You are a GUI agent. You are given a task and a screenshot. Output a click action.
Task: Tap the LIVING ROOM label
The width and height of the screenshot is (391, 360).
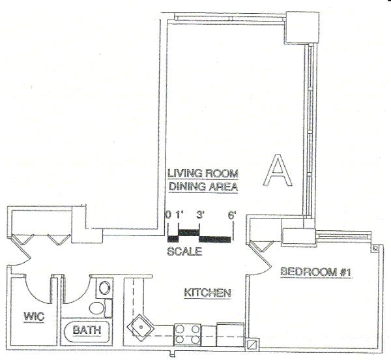[x=202, y=173]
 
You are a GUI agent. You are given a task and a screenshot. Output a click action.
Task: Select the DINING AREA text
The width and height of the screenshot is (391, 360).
[x=202, y=187]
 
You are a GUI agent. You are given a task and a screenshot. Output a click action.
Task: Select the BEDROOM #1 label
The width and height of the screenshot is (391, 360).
[x=316, y=272]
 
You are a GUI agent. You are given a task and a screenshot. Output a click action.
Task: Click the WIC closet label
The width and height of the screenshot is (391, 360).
[x=34, y=317]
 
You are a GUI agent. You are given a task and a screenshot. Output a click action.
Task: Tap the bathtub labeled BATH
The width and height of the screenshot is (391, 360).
[x=87, y=331]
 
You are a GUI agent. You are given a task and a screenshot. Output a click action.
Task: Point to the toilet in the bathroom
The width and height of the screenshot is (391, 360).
[x=97, y=308]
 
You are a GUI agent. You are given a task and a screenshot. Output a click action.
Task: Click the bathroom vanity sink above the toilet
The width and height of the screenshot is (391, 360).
[x=104, y=288]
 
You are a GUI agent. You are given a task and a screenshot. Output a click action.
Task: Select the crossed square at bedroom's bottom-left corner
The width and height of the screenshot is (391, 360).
[x=252, y=342]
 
